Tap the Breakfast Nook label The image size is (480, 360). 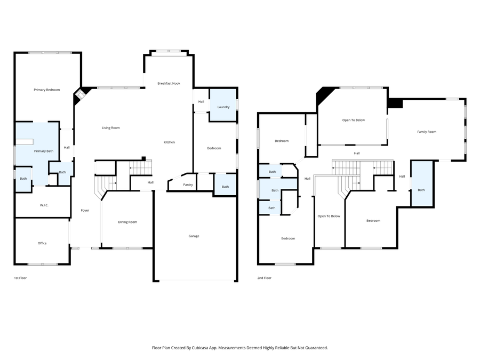point(169,84)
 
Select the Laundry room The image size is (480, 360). point(223,107)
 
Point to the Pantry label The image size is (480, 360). point(188,185)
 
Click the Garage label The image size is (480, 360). point(194,236)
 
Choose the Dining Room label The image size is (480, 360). point(127,222)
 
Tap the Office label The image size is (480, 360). point(42,243)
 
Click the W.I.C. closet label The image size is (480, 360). point(44,205)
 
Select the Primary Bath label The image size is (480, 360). point(44,151)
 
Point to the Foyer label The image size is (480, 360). point(85,211)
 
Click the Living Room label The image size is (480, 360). point(111,127)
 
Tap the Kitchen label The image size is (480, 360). point(169,142)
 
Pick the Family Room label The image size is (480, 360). point(427,131)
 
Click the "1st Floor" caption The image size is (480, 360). point(20,278)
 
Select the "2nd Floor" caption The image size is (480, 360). point(265,278)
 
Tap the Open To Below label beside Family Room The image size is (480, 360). point(354,120)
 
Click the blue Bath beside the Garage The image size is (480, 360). point(226,187)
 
